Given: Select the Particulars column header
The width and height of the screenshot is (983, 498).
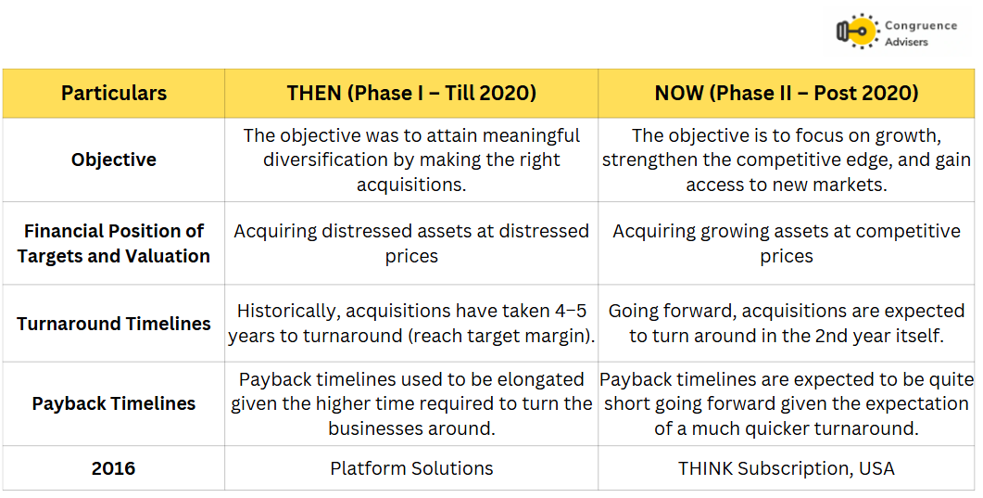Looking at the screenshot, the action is point(113,93).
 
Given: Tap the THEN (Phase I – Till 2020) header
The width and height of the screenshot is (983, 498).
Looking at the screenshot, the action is point(411,93).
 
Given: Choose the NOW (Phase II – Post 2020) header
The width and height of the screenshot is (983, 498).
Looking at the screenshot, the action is point(787,93).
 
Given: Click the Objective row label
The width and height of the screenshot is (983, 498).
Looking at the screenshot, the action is point(113,160).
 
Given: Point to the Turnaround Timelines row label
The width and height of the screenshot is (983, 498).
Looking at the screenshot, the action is point(113,324).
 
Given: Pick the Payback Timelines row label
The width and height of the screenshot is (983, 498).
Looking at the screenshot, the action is point(113,403).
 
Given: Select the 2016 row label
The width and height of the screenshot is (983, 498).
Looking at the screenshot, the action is point(113,468).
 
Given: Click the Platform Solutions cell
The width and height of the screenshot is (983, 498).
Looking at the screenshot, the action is point(411,468).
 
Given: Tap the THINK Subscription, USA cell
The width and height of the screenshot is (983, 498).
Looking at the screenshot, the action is point(787,468).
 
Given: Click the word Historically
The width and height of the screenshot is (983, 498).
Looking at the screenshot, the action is point(288,311).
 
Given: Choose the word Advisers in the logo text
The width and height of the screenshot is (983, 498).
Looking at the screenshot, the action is point(906,42).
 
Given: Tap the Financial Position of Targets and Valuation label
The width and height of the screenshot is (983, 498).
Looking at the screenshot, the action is point(113,243).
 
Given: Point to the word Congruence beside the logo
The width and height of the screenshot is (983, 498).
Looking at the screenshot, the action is point(921,26).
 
